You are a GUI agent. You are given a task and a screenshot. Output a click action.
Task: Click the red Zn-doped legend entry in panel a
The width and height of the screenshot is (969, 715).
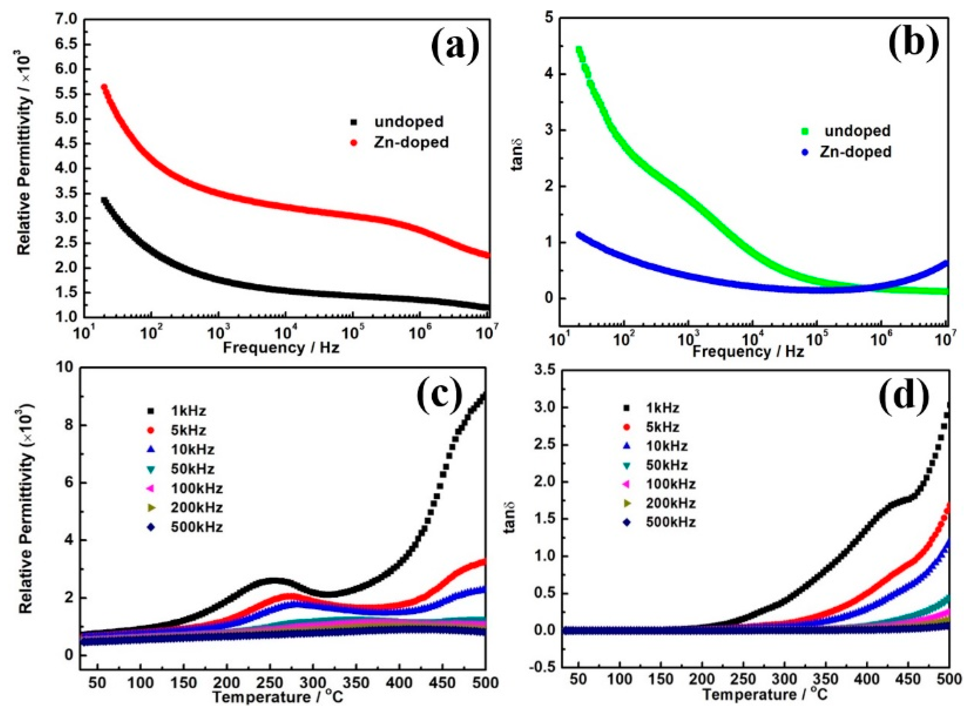coord(411,142)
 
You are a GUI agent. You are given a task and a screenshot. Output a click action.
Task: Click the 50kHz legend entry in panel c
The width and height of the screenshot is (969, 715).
coord(192,469)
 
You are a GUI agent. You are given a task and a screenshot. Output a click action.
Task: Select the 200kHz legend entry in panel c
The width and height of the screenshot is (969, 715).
coord(197,507)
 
